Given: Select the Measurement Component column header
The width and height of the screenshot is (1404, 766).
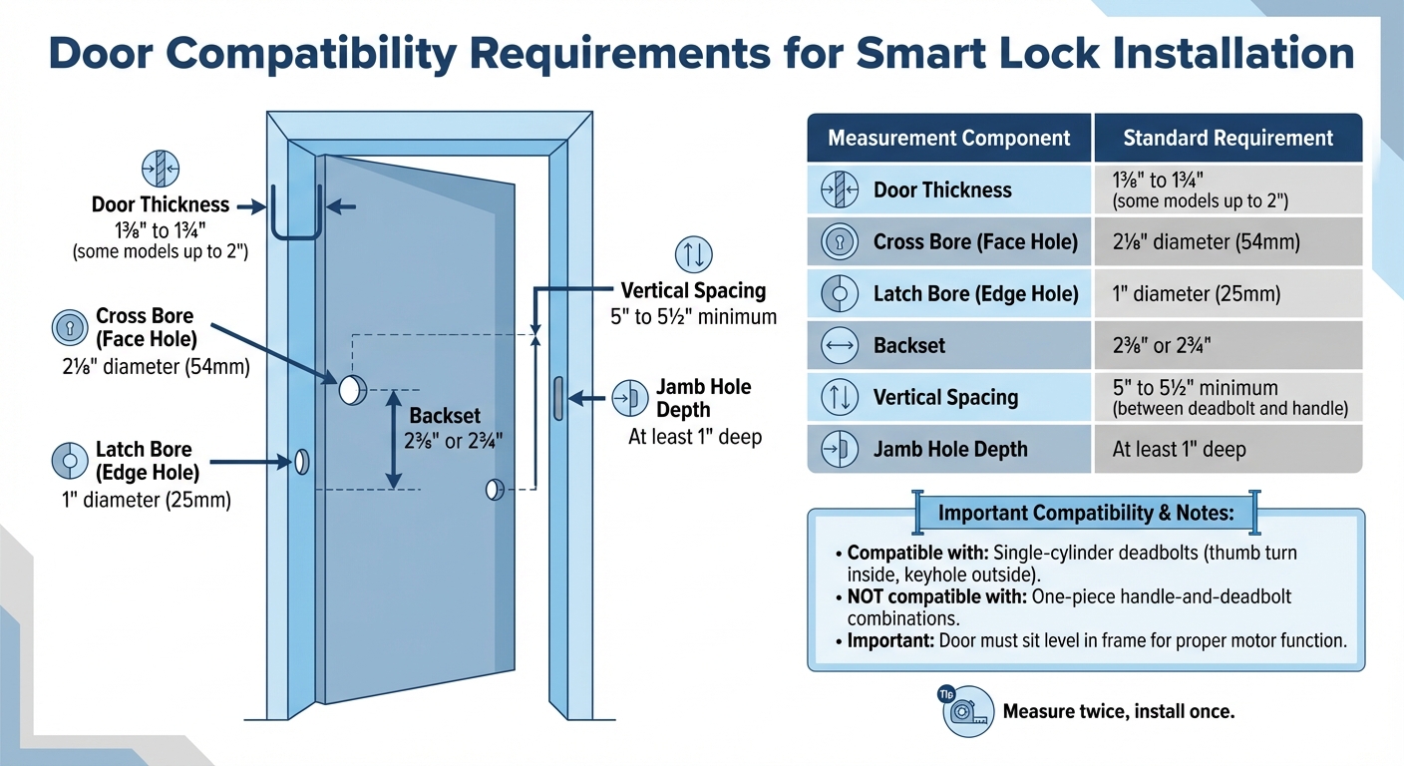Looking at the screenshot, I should (x=949, y=139).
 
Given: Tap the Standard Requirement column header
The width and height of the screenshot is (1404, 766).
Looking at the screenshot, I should (x=1228, y=139).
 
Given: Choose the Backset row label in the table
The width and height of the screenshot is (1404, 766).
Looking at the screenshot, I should (x=908, y=346).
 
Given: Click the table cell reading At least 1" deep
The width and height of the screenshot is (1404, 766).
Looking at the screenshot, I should (x=1179, y=450).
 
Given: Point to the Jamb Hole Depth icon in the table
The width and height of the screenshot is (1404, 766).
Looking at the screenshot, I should (x=839, y=450).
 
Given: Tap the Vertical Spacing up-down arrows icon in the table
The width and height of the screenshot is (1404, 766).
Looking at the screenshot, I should (x=839, y=398).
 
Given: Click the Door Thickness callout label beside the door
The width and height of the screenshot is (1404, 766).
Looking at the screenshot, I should (x=161, y=205).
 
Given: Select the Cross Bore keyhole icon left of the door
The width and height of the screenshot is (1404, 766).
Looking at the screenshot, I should (x=68, y=327).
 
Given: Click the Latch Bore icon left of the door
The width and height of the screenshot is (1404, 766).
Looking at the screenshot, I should (x=68, y=460).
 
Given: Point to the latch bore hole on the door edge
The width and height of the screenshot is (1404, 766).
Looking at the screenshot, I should (x=300, y=461).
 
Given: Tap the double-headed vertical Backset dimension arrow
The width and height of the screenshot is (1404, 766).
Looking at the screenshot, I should (x=394, y=438).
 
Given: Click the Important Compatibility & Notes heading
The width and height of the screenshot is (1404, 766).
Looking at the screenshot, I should (x=1086, y=514).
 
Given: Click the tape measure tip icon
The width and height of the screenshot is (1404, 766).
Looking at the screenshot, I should (x=964, y=711).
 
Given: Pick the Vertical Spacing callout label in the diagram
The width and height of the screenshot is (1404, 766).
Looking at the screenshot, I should (x=693, y=291).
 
